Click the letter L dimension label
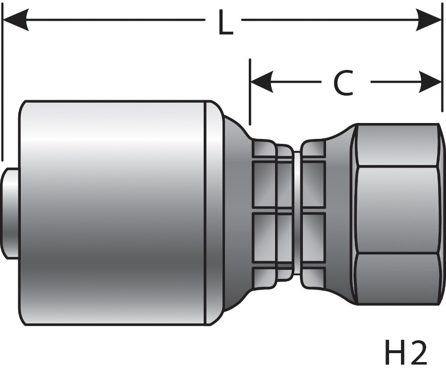(224, 23)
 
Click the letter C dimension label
(343, 83)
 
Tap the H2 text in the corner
(405, 353)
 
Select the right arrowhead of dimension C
(430, 82)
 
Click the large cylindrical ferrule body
(114, 213)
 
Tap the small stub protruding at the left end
(11, 213)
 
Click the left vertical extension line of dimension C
(250, 92)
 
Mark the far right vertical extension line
(443, 60)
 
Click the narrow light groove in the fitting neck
(296, 213)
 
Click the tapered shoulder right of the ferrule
(233, 213)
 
